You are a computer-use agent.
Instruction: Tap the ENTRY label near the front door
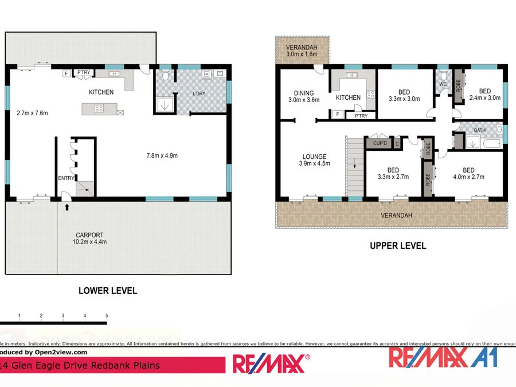point(66,178)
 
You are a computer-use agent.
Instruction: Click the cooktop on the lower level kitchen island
point(99,108)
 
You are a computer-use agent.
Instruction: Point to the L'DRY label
point(198,94)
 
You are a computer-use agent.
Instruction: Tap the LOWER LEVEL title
point(108,291)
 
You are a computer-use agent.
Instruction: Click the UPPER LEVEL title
point(397,245)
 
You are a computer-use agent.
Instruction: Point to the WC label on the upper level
point(443,84)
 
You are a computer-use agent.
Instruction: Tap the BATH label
point(480,131)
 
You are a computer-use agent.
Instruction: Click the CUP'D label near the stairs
point(379,143)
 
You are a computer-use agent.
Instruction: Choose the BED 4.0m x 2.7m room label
point(468,173)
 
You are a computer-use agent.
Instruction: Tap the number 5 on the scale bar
point(107,315)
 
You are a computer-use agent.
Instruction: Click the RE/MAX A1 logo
point(443,357)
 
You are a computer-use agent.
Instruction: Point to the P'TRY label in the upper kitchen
point(361,116)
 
